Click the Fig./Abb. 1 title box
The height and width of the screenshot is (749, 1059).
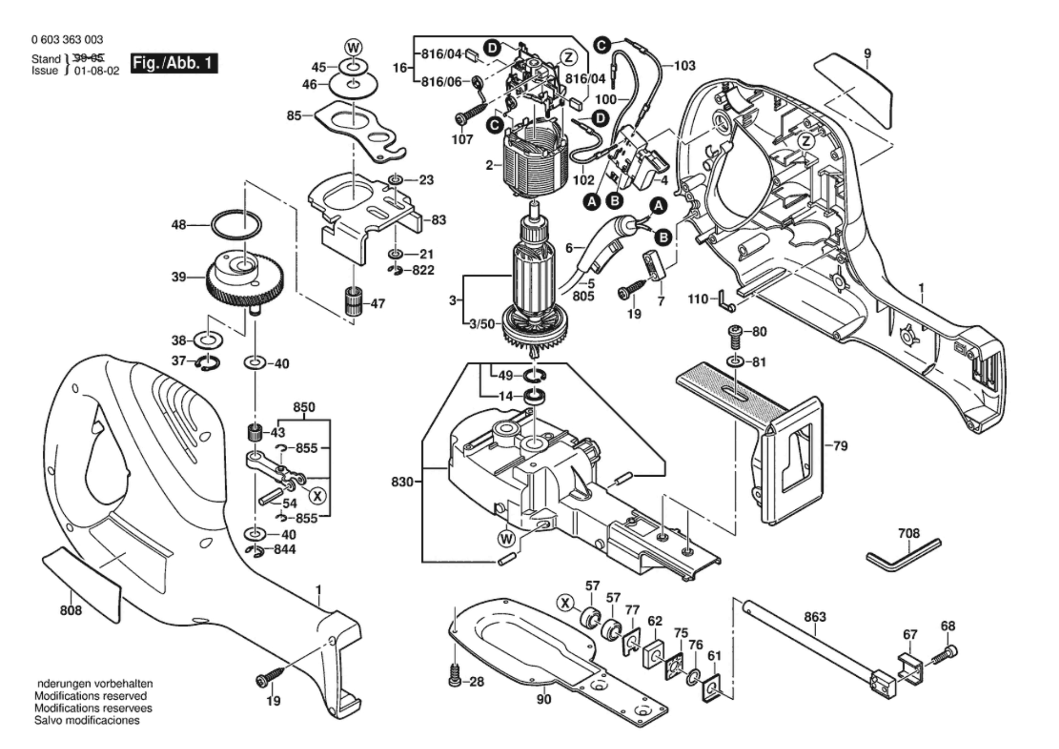click(174, 64)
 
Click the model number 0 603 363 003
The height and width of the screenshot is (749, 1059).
click(67, 40)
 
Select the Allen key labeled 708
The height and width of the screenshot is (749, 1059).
click(903, 555)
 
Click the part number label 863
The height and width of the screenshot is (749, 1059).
click(815, 617)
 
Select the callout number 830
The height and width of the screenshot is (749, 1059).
click(402, 482)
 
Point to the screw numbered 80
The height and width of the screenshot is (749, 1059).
click(736, 335)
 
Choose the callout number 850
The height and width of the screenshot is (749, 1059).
click(304, 407)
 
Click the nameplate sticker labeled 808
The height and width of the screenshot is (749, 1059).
click(81, 583)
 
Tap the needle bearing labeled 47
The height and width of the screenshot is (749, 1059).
click(352, 302)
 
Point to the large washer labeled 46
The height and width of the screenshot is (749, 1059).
click(353, 85)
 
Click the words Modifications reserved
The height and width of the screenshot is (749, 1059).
click(90, 696)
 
